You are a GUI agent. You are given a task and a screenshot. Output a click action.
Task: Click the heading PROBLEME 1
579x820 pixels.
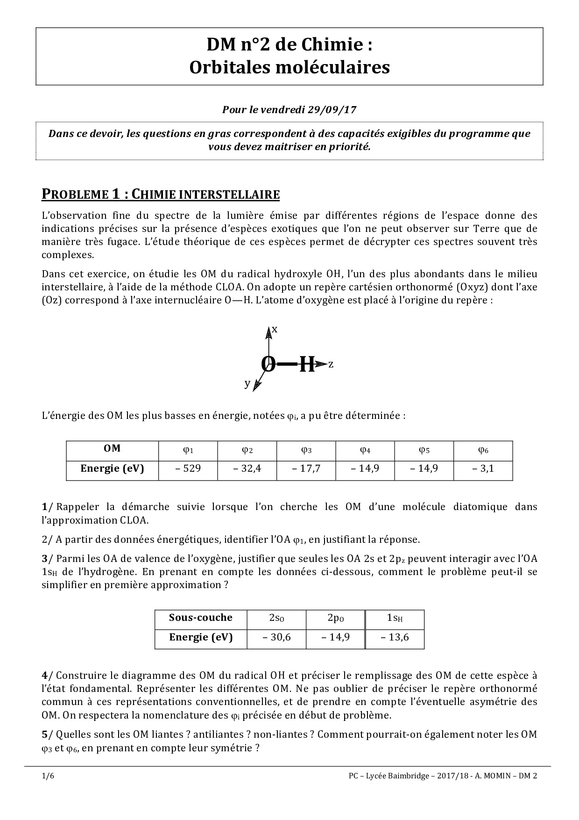[83, 194]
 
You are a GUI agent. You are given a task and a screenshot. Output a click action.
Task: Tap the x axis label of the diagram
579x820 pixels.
[275, 329]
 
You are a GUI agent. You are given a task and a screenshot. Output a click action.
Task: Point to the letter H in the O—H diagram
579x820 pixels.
[307, 365]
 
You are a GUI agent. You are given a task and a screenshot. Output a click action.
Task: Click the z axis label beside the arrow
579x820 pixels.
[331, 364]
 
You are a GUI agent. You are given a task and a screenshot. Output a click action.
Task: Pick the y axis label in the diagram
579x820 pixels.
[247, 383]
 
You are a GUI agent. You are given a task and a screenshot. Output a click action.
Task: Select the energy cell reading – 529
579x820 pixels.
[188, 468]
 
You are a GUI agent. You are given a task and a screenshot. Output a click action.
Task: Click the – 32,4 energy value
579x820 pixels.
[247, 468]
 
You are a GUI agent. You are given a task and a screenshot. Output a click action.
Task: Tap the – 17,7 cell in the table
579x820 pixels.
[306, 468]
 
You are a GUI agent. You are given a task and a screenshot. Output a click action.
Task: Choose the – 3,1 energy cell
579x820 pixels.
[483, 468]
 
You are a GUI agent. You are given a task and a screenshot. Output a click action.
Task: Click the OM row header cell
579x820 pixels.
[112, 449]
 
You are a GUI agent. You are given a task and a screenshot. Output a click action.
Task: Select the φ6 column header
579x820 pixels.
[483, 450]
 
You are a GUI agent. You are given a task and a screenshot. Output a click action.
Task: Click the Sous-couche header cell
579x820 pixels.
[200, 618]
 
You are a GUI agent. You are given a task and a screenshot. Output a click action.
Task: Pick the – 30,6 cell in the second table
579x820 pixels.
[276, 637]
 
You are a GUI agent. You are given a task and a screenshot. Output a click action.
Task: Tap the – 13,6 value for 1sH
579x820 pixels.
[395, 637]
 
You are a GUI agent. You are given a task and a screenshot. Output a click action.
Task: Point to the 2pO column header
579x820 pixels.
[336, 618]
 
